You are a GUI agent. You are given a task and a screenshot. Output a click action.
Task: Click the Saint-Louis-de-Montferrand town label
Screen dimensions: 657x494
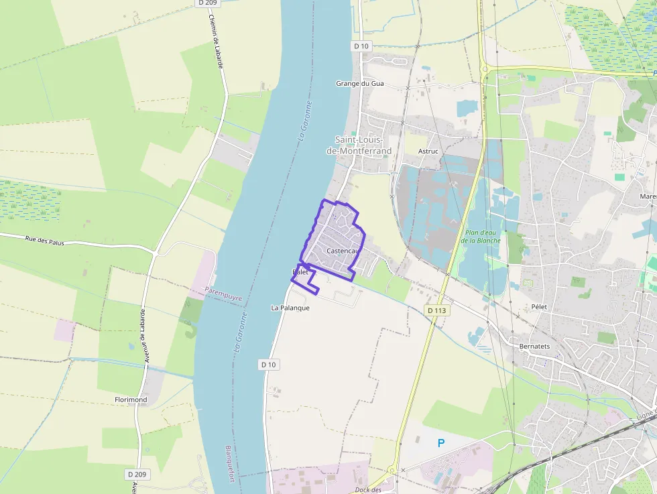(x=359, y=145)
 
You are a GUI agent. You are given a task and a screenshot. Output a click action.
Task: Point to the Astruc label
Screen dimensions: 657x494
(x=428, y=151)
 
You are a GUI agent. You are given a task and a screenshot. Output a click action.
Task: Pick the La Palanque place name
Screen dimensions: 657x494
(x=290, y=308)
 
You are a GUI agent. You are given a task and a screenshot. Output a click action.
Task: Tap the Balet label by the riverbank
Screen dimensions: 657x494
(x=300, y=272)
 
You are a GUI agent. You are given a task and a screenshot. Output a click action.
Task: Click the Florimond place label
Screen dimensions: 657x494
(x=131, y=400)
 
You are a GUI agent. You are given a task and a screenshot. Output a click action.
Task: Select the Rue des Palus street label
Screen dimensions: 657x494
(x=44, y=241)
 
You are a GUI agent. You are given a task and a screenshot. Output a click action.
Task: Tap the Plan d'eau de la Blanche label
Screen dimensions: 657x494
(x=482, y=237)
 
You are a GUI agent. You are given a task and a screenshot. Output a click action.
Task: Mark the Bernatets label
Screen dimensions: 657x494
(x=535, y=347)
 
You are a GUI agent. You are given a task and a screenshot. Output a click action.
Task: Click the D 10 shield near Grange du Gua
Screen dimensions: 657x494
(x=361, y=46)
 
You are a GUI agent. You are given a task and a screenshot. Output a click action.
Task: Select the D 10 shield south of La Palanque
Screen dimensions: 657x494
(x=268, y=364)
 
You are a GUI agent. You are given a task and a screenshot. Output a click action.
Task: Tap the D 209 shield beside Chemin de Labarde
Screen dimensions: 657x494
(x=208, y=3)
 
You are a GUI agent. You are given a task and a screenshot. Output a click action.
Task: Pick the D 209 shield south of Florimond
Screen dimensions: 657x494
(x=137, y=474)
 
